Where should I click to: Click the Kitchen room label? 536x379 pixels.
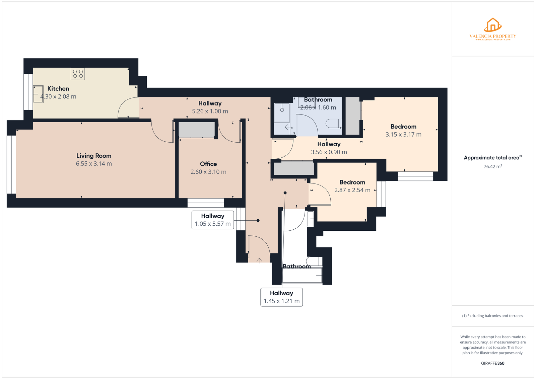[x=58, y=89]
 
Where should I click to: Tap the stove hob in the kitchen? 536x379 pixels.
[x=78, y=74]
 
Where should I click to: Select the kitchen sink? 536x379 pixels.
[x=38, y=94]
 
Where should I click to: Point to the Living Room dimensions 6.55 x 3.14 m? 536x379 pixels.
[x=94, y=164]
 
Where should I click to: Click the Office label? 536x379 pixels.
[x=208, y=164]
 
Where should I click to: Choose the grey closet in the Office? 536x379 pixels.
[x=197, y=130]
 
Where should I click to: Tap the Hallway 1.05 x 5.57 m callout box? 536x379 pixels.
[x=213, y=220]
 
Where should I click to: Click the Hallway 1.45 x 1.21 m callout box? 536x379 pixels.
[x=281, y=297]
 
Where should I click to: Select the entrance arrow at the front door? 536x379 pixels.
[x=259, y=260]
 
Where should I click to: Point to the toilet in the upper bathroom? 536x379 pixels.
[x=334, y=124]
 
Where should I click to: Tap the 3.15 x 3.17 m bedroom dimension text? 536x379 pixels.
[x=403, y=135]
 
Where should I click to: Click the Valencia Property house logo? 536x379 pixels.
[x=493, y=25]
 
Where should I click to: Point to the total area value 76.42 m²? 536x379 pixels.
[x=493, y=166]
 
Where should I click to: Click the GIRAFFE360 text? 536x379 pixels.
[x=493, y=363]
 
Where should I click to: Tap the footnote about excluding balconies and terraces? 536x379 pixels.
[x=492, y=316]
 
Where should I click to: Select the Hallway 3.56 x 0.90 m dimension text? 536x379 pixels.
[x=329, y=152]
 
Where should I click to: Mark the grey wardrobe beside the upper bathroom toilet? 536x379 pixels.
[x=352, y=116]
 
